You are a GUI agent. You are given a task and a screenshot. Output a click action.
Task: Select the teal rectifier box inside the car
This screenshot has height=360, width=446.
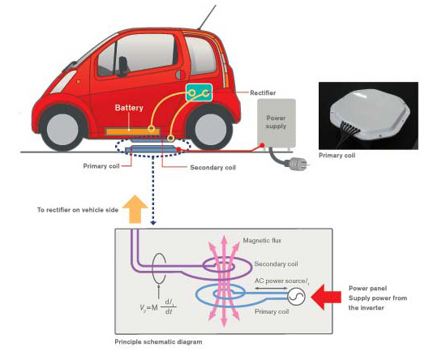click(x=199, y=95)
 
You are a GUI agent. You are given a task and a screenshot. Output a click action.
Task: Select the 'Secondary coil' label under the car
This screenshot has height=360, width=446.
click(x=212, y=169)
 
